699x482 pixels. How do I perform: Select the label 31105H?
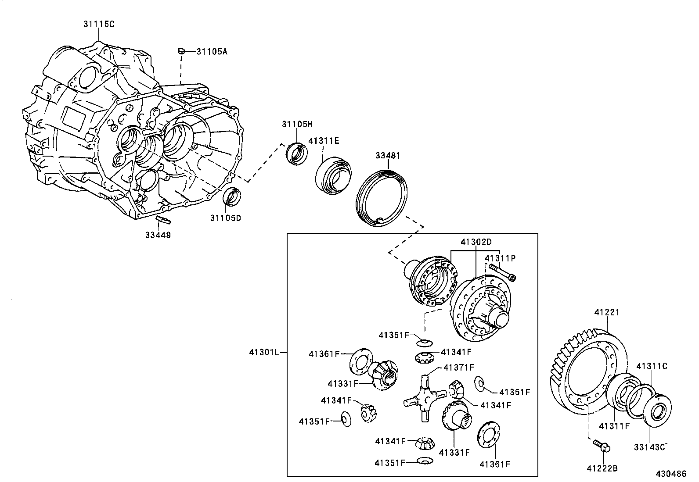coord(297,125)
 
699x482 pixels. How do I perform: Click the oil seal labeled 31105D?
coord(233,196)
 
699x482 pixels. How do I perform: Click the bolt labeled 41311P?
coord(502,273)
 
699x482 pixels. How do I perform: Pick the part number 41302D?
coord(476,242)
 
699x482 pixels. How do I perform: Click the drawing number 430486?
coord(671,474)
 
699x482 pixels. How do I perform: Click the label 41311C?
coord(652,366)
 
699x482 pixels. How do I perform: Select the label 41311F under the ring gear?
coord(614,425)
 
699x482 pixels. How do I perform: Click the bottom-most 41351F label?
coord(389,463)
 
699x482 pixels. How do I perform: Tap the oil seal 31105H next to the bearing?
coord(297,154)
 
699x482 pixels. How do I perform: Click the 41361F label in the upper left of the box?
coord(324,353)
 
